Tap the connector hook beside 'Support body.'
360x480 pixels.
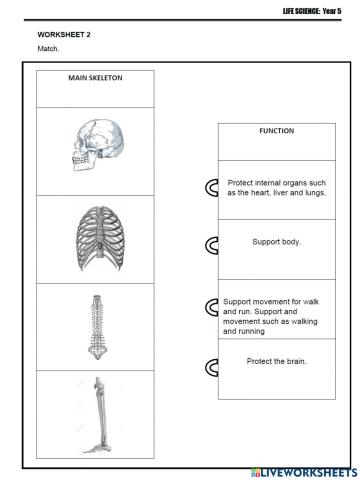[212, 245]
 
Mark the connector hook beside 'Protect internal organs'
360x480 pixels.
[212, 188]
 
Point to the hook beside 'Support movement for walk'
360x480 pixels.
[212, 307]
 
